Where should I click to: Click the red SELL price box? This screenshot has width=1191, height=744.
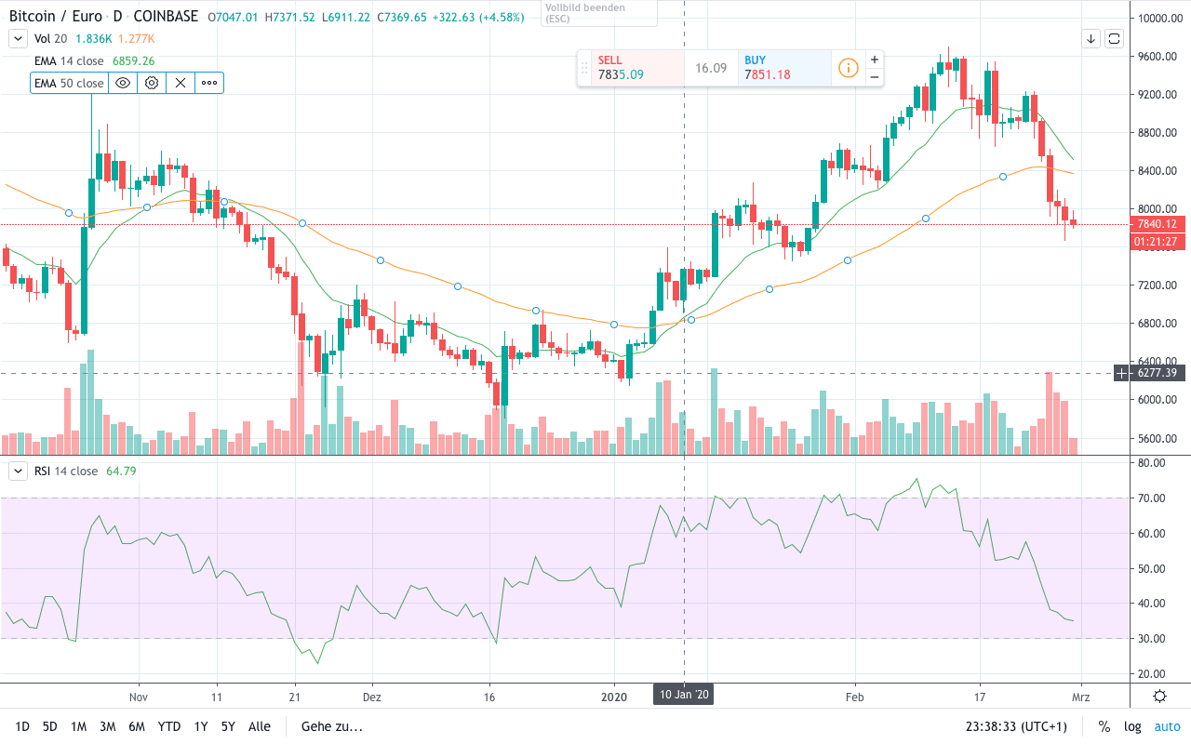click(631, 68)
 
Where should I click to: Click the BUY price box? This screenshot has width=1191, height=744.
click(784, 68)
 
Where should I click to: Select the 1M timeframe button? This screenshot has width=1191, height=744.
click(78, 726)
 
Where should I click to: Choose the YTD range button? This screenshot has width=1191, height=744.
click(168, 726)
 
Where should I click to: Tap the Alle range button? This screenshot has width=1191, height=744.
click(260, 726)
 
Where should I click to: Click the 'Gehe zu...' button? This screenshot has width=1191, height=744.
click(331, 726)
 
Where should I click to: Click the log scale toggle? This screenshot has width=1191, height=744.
click(1132, 726)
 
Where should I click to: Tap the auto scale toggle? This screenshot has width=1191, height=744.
click(1167, 726)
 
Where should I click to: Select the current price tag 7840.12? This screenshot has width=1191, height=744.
click(1157, 224)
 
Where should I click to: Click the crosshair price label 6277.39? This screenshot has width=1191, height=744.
click(1157, 373)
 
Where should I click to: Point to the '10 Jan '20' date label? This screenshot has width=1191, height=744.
click(684, 695)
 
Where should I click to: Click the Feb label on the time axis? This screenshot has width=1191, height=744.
click(854, 696)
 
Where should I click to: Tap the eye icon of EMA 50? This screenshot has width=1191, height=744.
click(122, 83)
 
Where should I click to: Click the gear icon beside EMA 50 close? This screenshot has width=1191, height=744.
click(151, 83)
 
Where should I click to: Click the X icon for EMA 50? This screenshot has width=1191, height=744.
click(181, 83)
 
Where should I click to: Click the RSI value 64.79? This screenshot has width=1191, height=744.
click(121, 472)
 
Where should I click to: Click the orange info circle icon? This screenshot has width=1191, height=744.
click(848, 68)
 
